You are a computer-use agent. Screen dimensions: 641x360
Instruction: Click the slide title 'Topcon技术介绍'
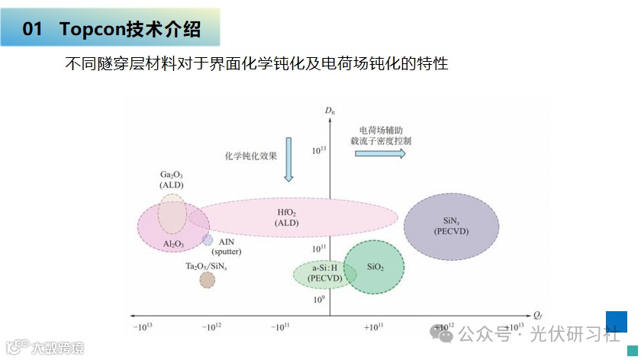pos(130,30)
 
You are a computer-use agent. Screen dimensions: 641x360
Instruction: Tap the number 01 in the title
pos(32,30)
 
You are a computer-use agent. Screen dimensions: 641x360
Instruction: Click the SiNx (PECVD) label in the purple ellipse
pos(451,225)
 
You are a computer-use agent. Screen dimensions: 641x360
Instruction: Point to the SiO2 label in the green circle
pos(375,267)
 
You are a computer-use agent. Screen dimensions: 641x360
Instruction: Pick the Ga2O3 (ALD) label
pos(172,179)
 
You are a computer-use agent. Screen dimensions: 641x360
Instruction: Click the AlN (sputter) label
pos(226,246)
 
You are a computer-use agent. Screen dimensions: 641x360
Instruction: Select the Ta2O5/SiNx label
pos(206,265)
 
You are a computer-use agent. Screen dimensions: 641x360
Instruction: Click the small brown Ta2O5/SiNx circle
pos(207,280)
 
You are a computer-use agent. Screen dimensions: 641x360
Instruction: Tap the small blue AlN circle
pos(208,239)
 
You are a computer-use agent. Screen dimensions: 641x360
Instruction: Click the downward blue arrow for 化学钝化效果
pos(288,159)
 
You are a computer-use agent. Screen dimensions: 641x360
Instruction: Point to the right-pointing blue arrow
pos(380,153)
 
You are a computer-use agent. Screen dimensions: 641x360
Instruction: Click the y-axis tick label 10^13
pos(319,150)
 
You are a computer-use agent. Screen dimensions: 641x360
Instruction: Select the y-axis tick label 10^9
pos(319,300)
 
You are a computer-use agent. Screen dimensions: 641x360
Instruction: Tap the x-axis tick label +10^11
pos(373,328)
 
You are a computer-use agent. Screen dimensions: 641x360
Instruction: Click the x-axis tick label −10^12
pos(211,328)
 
